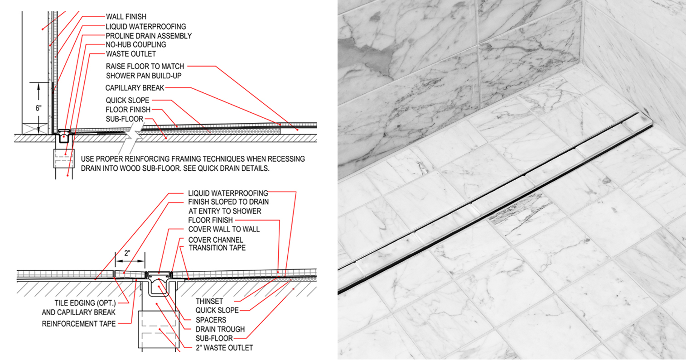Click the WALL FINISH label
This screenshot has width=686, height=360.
[126, 17]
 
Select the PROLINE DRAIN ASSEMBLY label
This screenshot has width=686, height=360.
[149, 36]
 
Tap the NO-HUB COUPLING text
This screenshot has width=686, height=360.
[136, 45]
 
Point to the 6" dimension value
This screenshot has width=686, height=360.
[39, 108]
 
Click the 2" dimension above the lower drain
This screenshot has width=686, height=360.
[127, 253]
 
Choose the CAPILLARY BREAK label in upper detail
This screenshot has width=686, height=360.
[135, 88]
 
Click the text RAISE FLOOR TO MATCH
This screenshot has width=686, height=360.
[145, 66]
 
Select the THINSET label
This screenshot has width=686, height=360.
[209, 301]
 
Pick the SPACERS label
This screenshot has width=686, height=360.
[211, 320]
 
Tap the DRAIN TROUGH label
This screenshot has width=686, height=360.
[220, 329]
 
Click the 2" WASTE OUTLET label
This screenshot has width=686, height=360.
[224, 348]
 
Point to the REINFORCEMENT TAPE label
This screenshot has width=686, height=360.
[79, 324]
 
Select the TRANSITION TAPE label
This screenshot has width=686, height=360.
[217, 248]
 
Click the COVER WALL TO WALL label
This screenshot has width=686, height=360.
[224, 229]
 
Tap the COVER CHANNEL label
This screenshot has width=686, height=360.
[216, 240]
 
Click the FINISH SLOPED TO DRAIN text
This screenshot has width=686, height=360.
[228, 202]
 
